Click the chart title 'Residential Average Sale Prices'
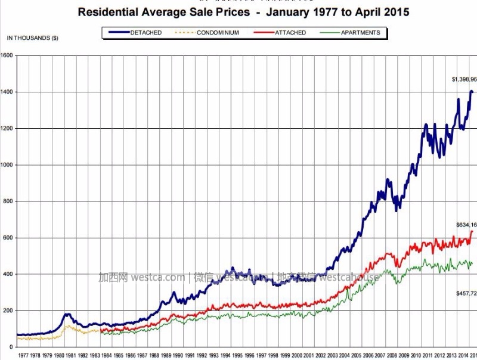tap(164, 12)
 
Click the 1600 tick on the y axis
tap(7, 55)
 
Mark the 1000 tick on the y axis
tap(7, 165)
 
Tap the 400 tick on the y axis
tap(8, 274)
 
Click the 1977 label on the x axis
tap(23, 355)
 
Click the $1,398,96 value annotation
tap(464, 79)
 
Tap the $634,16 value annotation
tap(465, 224)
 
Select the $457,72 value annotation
tap(465, 294)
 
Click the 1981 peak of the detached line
tap(67, 314)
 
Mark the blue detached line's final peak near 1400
tap(472, 91)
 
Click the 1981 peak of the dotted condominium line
tap(68, 325)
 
